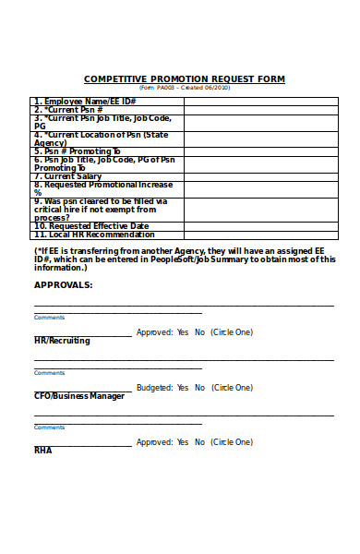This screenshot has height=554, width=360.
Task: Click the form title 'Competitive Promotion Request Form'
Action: (x=184, y=79)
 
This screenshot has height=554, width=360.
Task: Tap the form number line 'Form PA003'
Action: (x=184, y=89)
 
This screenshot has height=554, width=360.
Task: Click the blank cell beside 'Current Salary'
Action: (x=259, y=175)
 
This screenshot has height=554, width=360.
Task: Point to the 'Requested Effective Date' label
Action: (x=91, y=225)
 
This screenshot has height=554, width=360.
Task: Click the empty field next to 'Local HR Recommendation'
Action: (x=259, y=235)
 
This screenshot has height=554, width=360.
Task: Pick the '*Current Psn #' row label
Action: (x=69, y=109)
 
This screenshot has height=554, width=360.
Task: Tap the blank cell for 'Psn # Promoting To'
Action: (x=259, y=151)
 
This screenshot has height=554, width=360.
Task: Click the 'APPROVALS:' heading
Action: (x=64, y=285)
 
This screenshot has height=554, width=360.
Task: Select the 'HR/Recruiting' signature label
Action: (x=62, y=341)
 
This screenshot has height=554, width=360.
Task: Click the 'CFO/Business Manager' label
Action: (x=79, y=396)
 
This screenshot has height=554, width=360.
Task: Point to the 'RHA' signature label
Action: (x=43, y=451)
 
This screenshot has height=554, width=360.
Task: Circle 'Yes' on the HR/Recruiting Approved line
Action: (x=183, y=332)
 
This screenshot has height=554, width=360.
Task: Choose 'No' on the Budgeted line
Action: (x=199, y=388)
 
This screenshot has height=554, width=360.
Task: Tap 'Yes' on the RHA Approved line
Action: (x=183, y=442)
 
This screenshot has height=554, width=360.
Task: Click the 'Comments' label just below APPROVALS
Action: (x=49, y=317)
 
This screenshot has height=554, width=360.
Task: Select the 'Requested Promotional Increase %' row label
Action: (x=102, y=188)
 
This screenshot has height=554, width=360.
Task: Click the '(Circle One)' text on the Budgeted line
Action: (x=232, y=388)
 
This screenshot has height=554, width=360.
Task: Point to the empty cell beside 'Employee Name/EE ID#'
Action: (x=259, y=101)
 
